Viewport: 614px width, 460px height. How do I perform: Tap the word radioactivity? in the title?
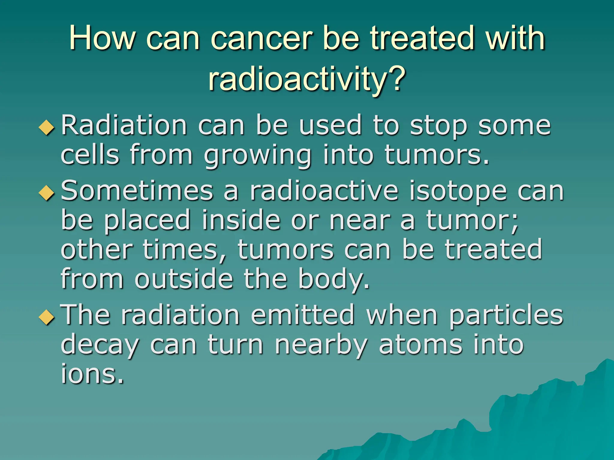(307, 78)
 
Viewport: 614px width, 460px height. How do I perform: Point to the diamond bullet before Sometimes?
(47, 193)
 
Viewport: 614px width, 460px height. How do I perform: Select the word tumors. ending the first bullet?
(437, 155)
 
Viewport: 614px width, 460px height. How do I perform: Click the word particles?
(506, 315)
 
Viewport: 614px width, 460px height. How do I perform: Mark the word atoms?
(420, 345)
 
